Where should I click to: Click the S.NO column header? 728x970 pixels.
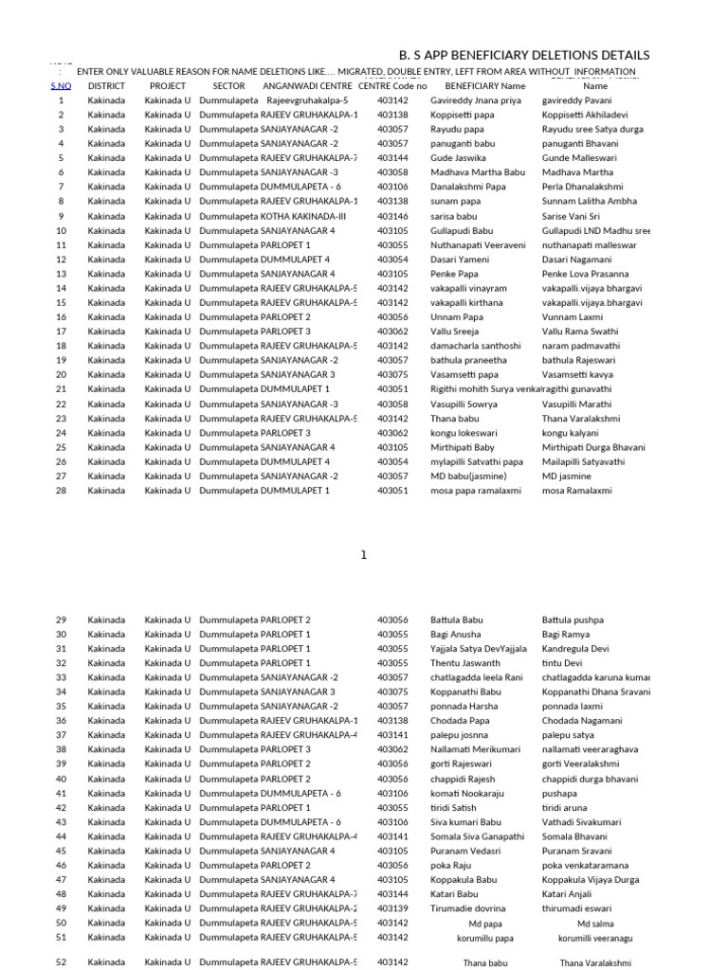point(61,85)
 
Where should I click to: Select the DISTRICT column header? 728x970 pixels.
point(106,85)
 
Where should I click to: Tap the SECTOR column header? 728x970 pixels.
point(215,85)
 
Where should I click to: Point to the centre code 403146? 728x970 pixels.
point(392,216)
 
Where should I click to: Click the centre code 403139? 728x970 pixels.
point(392,908)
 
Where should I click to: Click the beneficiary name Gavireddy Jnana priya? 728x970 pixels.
point(476,100)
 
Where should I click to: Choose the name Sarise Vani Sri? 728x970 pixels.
point(572,216)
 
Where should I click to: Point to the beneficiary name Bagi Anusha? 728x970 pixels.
point(456,635)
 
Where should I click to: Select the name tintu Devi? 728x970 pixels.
point(562,663)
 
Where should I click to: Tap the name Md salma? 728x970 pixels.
point(595,924)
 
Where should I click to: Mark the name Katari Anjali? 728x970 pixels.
point(567,894)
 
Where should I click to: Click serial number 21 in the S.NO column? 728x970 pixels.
point(61,389)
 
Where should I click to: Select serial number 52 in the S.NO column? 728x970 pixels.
point(61,962)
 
